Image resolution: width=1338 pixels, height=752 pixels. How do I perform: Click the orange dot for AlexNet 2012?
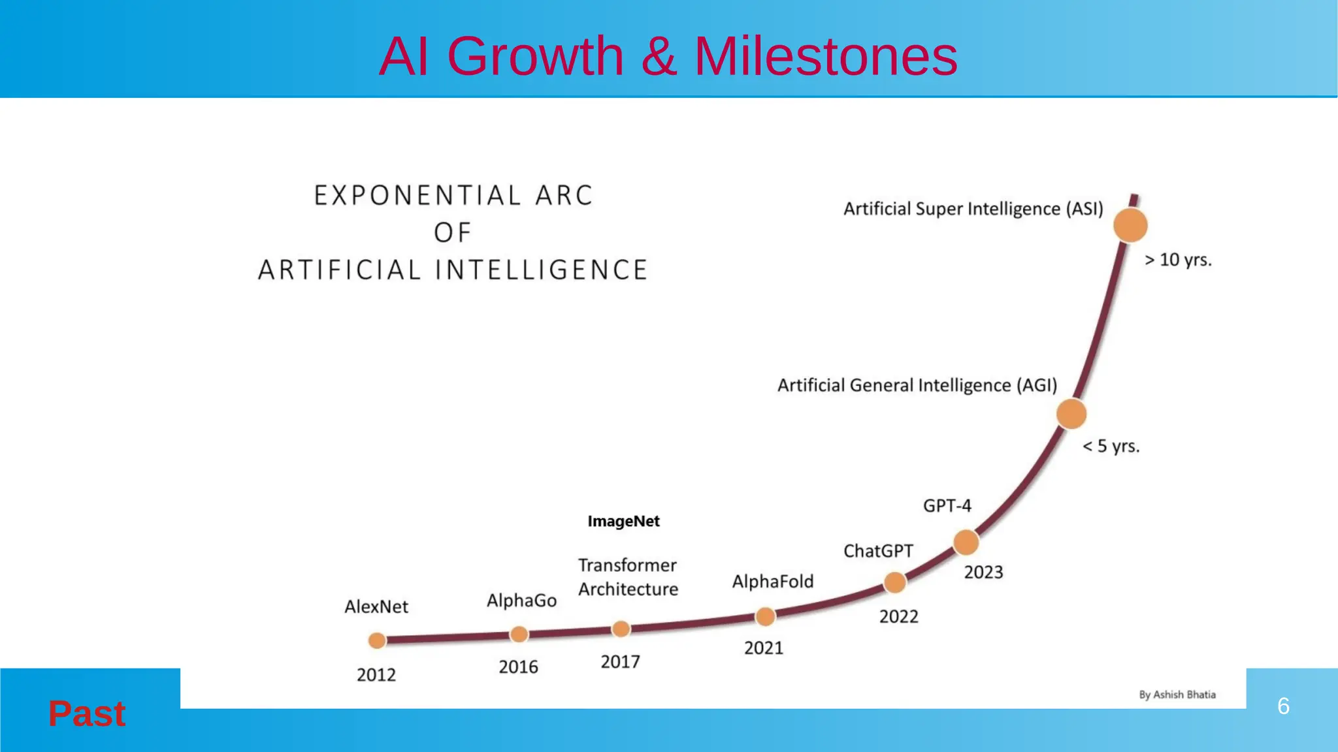(x=377, y=640)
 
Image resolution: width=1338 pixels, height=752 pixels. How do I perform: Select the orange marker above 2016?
(x=519, y=634)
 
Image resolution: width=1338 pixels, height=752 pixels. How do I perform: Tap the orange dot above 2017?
(x=621, y=629)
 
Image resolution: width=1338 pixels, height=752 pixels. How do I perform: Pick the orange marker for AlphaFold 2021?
(x=765, y=616)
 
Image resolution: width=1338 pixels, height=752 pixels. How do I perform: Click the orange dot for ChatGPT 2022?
(x=894, y=582)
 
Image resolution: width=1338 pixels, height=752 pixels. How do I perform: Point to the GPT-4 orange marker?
(x=966, y=542)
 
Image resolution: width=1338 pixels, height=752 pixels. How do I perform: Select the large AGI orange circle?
(x=1071, y=415)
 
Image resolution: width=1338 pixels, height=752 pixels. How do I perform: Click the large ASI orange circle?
(x=1130, y=225)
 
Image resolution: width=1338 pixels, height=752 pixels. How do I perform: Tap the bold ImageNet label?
(x=623, y=521)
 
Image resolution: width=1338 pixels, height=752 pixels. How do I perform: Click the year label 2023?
(x=983, y=572)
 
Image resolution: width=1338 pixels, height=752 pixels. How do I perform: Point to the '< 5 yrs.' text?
(x=1111, y=446)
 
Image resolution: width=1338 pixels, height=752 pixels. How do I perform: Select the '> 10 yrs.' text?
(x=1178, y=260)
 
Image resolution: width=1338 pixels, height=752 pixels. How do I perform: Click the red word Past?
(x=87, y=713)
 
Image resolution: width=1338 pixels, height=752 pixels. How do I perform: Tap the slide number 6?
(x=1283, y=706)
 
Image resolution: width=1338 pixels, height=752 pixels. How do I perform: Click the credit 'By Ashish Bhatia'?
(x=1177, y=695)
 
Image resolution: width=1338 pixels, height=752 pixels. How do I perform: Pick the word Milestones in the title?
(x=825, y=56)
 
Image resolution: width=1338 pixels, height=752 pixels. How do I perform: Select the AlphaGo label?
(x=521, y=601)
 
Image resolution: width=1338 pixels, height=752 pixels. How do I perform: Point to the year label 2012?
(x=376, y=675)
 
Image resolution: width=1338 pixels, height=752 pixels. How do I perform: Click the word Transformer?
(x=627, y=565)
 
